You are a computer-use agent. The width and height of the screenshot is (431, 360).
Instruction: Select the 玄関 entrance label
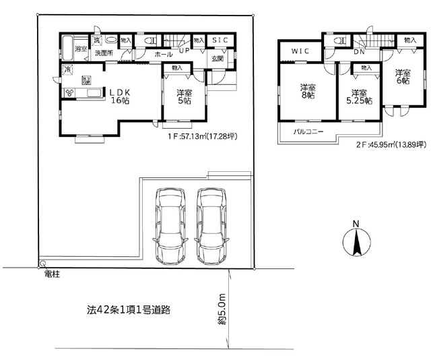(218, 59)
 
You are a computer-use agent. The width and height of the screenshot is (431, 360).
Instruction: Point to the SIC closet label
(220, 40)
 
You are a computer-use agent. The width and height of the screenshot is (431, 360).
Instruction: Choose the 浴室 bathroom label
(80, 49)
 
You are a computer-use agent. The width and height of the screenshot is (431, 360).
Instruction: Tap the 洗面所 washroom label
(104, 53)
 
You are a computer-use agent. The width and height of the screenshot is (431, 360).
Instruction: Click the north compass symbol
(356, 241)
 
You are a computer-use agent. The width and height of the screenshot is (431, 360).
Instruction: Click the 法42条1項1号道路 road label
(128, 311)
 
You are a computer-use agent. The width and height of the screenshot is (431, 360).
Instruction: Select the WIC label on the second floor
(300, 51)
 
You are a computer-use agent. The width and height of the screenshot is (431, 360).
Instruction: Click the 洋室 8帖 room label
(308, 91)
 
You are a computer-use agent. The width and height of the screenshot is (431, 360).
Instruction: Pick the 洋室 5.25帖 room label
(358, 97)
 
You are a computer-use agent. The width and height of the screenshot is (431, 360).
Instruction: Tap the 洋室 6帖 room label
(402, 77)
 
